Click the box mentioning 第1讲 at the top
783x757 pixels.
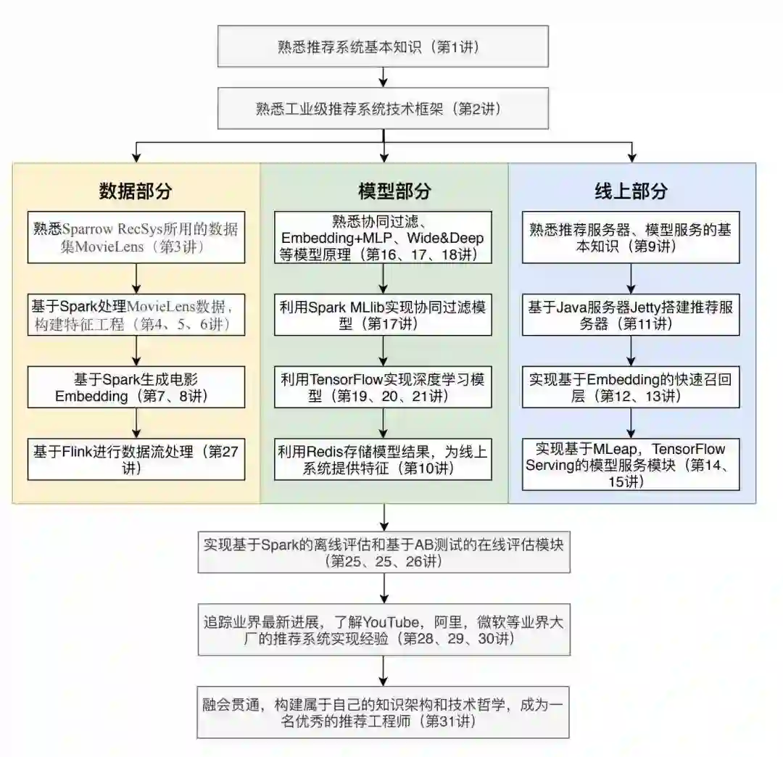(x=384, y=48)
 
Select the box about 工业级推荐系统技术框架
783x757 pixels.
(x=384, y=108)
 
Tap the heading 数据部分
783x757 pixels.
(x=136, y=191)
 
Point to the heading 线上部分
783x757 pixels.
(x=631, y=191)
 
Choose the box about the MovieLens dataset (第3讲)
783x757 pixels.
(x=136, y=237)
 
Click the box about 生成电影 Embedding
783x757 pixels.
(x=136, y=386)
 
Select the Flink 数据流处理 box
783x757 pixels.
(x=136, y=459)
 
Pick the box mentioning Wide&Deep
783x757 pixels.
(x=383, y=237)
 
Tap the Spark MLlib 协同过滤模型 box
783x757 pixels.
(x=383, y=314)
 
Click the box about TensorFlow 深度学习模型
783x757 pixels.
(x=383, y=386)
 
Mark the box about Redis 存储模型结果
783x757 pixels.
(x=383, y=459)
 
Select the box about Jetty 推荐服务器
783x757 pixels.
(x=631, y=314)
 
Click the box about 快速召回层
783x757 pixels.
(x=631, y=386)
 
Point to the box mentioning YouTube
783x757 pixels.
(x=384, y=629)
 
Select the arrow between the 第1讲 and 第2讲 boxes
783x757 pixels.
(x=384, y=77)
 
